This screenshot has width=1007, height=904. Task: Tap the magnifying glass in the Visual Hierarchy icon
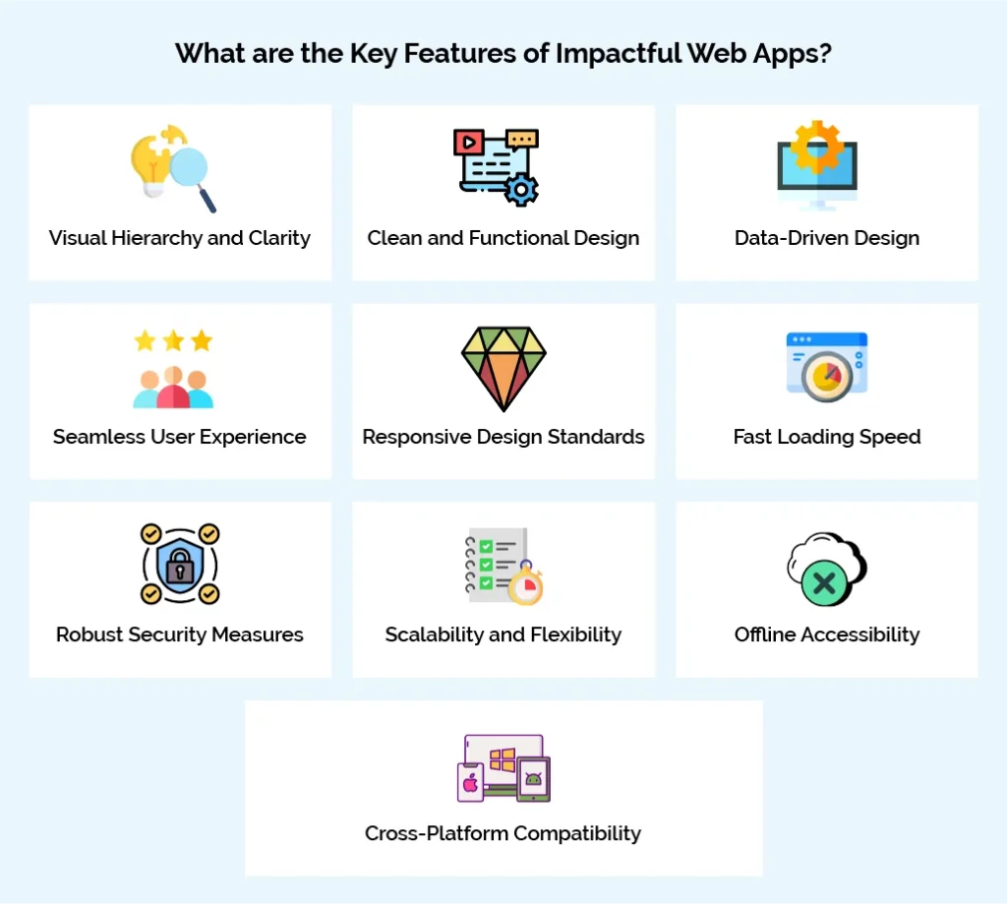188,167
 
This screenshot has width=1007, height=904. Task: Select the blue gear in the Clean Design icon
520,188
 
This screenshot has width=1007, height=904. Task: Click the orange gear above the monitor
817,147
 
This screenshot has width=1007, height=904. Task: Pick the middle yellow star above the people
173,341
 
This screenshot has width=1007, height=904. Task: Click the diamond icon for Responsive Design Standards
503,368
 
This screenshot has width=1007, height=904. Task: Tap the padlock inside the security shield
180,567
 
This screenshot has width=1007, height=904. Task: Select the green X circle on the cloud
824,584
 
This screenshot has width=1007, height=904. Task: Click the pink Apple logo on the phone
470,783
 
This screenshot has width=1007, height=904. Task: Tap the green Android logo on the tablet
533,780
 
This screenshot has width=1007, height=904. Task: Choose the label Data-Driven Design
827,238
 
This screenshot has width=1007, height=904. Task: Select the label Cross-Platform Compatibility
503,833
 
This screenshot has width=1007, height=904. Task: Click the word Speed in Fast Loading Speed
891,437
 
